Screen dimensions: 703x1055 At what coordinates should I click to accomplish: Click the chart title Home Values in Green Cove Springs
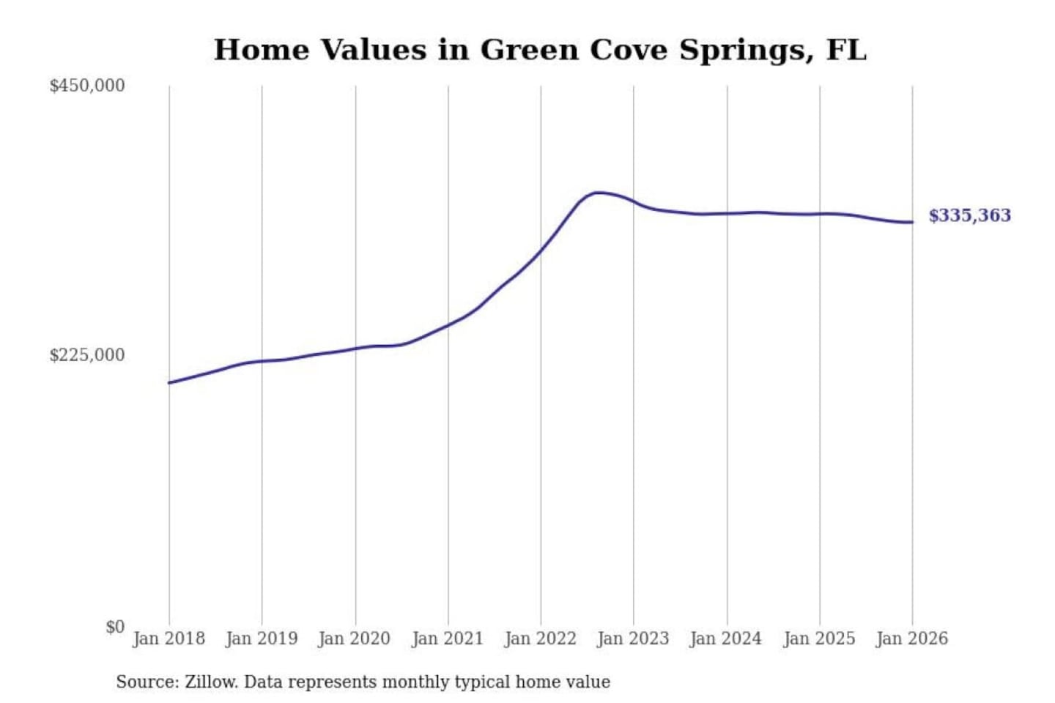click(540, 50)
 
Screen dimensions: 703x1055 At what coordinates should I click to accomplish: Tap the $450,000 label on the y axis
click(87, 86)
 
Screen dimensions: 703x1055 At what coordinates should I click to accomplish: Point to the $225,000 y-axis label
click(87, 355)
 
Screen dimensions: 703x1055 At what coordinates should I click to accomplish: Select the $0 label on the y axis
click(115, 627)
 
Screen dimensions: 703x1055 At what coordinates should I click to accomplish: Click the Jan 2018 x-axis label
click(169, 639)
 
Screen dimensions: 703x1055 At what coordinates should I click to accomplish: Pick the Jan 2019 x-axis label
click(262, 639)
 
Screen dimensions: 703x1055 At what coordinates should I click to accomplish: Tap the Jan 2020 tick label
click(355, 639)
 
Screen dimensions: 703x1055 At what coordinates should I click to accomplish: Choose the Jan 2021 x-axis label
click(448, 639)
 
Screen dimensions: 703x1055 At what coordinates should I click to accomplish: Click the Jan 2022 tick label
click(541, 639)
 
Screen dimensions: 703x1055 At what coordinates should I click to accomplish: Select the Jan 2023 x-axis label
click(633, 639)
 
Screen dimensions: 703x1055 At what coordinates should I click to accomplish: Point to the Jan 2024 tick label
click(726, 639)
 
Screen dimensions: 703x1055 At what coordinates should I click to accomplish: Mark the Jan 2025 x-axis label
click(819, 639)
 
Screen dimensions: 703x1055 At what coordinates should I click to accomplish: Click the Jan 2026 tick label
click(912, 639)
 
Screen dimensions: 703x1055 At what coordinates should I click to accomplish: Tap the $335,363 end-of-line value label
click(969, 215)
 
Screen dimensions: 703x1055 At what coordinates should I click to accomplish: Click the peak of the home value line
click(598, 193)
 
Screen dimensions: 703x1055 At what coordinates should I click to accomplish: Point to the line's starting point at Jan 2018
click(169, 382)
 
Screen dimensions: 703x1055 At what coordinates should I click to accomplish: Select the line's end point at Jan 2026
click(912, 222)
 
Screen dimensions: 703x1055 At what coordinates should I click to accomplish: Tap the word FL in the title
click(846, 50)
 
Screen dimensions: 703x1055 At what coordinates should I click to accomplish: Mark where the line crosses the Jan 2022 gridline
click(541, 250)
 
